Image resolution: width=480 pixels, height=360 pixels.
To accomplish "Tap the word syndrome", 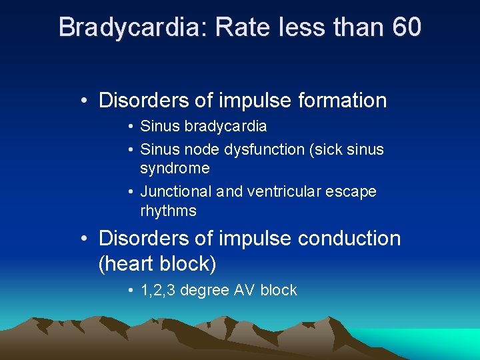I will [175, 168].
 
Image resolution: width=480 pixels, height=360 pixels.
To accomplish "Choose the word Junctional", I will [176, 192].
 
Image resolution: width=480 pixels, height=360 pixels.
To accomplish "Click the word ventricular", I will [283, 192].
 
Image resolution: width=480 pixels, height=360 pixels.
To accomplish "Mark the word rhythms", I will [169, 211].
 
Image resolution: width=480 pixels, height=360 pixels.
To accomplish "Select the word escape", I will [351, 192].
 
